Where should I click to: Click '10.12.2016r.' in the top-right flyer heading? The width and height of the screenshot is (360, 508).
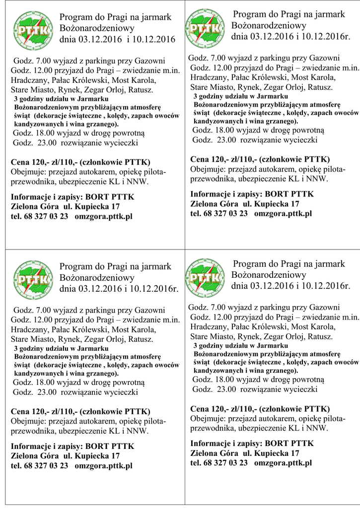pos(324,36)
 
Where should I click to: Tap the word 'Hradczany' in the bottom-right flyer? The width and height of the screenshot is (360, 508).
pos(208,326)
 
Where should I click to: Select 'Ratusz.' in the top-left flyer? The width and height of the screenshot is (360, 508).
pos(141,90)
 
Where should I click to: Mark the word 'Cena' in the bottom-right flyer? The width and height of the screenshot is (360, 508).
pos(200,409)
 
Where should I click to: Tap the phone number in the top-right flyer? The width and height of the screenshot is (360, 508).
pos(219,213)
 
